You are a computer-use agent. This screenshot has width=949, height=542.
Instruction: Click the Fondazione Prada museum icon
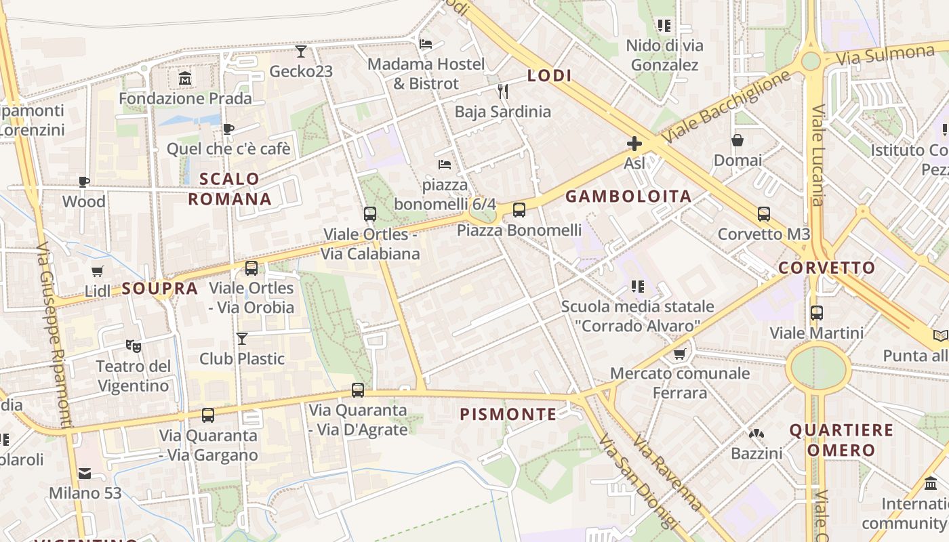(185, 79)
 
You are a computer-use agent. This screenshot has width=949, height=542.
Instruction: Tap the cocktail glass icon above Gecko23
(301, 51)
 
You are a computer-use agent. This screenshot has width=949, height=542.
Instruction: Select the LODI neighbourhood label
(549, 76)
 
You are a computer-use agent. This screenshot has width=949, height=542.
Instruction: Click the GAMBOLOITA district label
(628, 196)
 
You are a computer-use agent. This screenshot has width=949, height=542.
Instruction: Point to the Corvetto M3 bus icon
(764, 214)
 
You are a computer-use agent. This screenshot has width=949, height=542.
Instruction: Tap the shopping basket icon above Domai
(738, 141)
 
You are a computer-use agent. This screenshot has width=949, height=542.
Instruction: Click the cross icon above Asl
(634, 144)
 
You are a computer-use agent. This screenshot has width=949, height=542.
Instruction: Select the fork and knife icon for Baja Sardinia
(502, 91)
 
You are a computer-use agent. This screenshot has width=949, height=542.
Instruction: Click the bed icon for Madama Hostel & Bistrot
(426, 44)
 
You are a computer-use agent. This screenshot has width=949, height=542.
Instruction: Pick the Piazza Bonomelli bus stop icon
(519, 210)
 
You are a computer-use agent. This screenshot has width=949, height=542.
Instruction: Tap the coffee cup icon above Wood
(84, 182)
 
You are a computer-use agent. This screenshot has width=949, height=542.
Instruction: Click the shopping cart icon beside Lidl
(97, 272)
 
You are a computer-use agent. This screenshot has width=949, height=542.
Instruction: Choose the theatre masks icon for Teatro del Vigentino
(134, 346)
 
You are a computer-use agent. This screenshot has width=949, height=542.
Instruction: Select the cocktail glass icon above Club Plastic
(242, 338)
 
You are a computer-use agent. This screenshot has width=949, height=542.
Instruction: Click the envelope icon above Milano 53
(85, 473)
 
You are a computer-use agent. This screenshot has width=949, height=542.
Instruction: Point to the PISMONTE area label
(508, 415)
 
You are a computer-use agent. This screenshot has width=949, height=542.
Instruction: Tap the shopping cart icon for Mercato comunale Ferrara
(680, 354)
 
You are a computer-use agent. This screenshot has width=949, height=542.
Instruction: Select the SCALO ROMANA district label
(230, 189)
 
